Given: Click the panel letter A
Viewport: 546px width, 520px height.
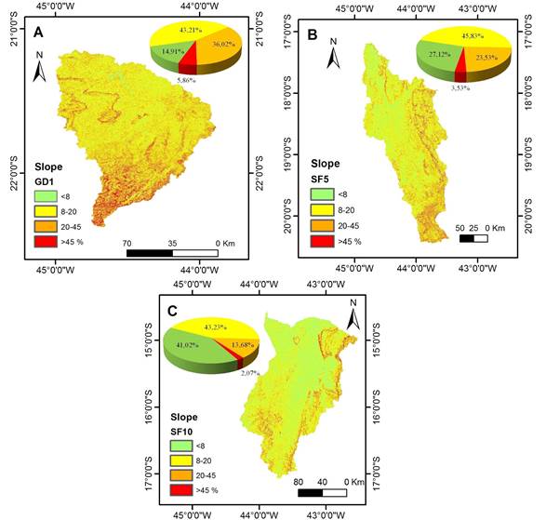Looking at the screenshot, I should pyautogui.click(x=39, y=33).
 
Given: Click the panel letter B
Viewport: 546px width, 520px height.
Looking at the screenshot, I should pyautogui.click(x=313, y=35).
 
